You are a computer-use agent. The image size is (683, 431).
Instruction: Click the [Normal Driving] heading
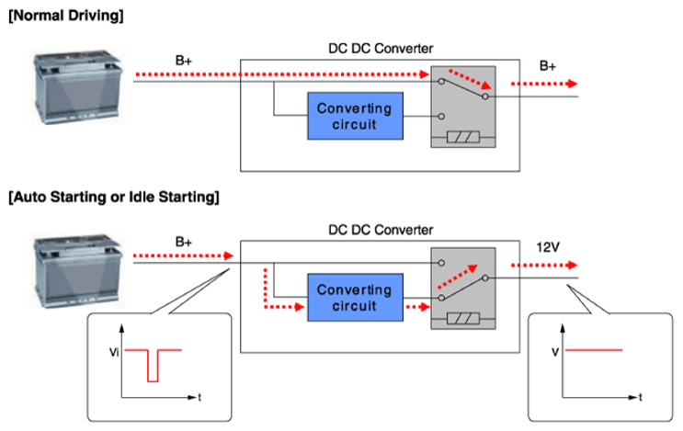click(x=66, y=17)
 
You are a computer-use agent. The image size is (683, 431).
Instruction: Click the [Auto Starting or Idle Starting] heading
click(x=114, y=198)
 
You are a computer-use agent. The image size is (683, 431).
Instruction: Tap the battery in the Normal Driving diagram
click(x=77, y=87)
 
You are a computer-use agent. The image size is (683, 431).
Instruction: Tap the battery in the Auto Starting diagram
click(x=77, y=271)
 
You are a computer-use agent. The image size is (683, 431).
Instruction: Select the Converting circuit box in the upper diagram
click(x=355, y=116)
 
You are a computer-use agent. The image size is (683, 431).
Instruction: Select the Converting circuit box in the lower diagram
click(x=355, y=298)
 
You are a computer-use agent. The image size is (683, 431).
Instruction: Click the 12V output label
click(x=548, y=247)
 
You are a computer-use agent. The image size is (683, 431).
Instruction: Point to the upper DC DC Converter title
click(x=381, y=49)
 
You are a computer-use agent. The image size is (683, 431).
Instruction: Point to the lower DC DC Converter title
click(x=381, y=230)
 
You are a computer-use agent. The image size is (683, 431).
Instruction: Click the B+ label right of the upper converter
click(x=548, y=66)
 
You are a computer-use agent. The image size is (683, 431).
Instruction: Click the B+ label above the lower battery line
click(x=183, y=242)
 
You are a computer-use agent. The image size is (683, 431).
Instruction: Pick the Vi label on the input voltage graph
click(x=114, y=352)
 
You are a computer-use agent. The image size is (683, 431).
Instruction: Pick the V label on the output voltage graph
click(x=555, y=352)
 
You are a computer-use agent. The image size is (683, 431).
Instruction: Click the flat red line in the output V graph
click(x=594, y=349)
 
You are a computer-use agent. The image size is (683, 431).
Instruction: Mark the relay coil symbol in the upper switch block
click(x=463, y=138)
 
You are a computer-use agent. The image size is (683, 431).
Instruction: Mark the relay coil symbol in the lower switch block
click(x=463, y=319)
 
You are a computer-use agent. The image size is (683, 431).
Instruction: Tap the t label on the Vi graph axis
click(x=199, y=397)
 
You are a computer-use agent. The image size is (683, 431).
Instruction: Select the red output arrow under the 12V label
click(x=544, y=265)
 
